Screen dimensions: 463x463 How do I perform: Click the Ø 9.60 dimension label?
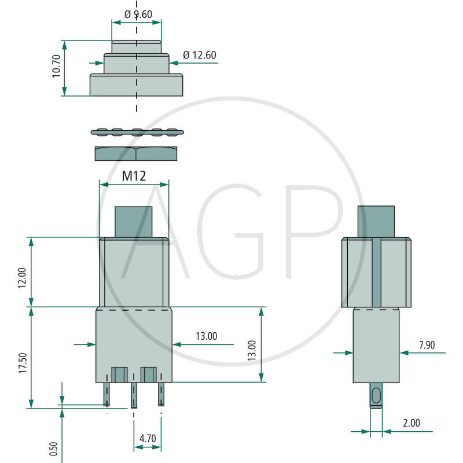coord(138,14)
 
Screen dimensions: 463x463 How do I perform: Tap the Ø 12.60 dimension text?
coord(200,55)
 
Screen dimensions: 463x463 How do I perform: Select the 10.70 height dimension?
coord(56,66)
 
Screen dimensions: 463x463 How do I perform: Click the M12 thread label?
coord(134,176)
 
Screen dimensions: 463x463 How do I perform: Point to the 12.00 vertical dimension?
coord(22,278)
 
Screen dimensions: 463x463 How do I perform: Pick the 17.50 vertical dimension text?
coord(23,363)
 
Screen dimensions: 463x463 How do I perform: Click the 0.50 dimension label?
coord(53,449)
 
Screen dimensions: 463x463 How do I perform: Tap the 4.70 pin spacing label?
coord(148,439)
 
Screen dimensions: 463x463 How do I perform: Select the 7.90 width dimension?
coord(427,345)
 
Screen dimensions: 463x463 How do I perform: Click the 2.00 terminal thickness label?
coord(411,423)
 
